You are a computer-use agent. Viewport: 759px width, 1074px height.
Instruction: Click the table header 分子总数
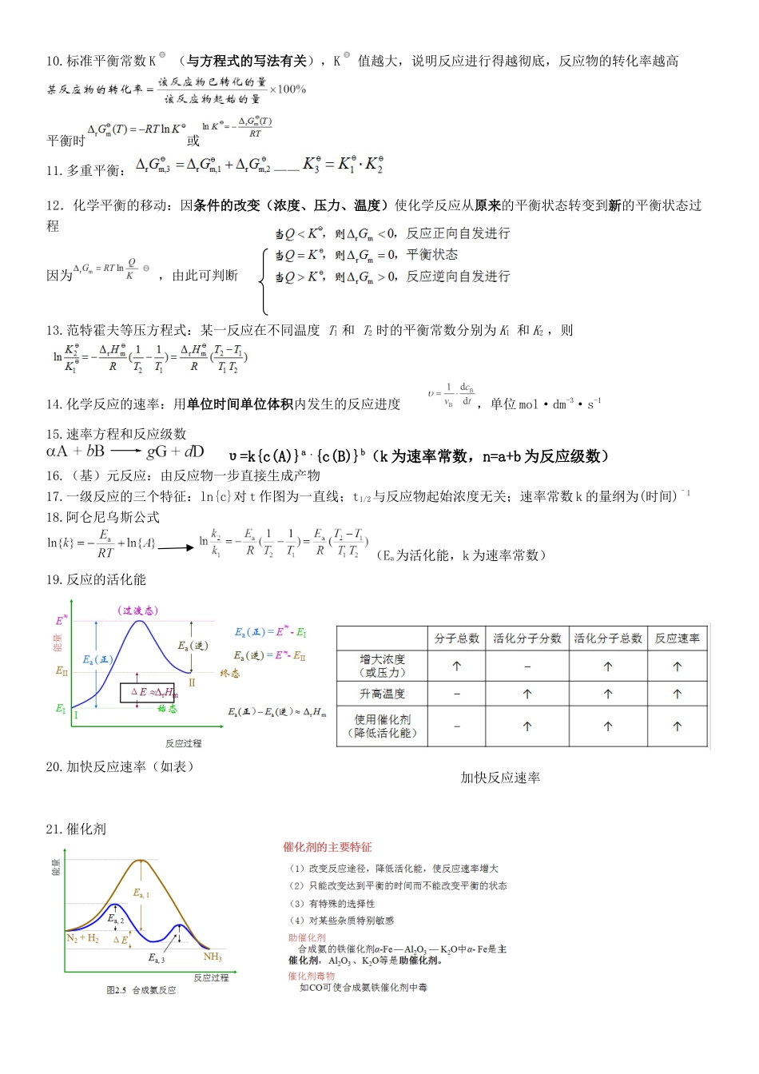coord(456,638)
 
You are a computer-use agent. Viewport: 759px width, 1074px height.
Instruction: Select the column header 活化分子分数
coord(527,638)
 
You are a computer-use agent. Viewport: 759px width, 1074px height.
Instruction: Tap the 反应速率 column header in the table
coord(677,638)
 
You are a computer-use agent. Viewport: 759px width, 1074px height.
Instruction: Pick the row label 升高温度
coord(382,694)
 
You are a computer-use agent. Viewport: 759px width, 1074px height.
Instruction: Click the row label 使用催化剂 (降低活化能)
coord(382,726)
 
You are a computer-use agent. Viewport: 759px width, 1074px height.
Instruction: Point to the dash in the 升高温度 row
coord(456,694)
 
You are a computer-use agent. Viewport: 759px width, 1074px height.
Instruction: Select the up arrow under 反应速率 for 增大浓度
coord(677,666)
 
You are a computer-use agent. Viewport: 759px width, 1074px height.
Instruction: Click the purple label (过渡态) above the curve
coord(139,611)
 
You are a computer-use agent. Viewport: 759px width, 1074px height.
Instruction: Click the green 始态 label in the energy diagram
coord(166,709)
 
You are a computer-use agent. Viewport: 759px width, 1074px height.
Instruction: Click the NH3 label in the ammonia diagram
coord(213,957)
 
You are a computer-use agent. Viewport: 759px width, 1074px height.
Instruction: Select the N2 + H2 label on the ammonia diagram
coord(82,938)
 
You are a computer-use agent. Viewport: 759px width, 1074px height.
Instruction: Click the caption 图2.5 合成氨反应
coord(141,990)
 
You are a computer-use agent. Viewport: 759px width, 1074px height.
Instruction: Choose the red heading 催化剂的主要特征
coord(327,847)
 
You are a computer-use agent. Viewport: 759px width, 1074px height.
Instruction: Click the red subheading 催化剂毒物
coord(311,976)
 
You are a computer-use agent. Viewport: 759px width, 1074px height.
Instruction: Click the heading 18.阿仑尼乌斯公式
coord(102,517)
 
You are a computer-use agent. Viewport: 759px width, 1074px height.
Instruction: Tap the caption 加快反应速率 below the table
coord(500,778)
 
